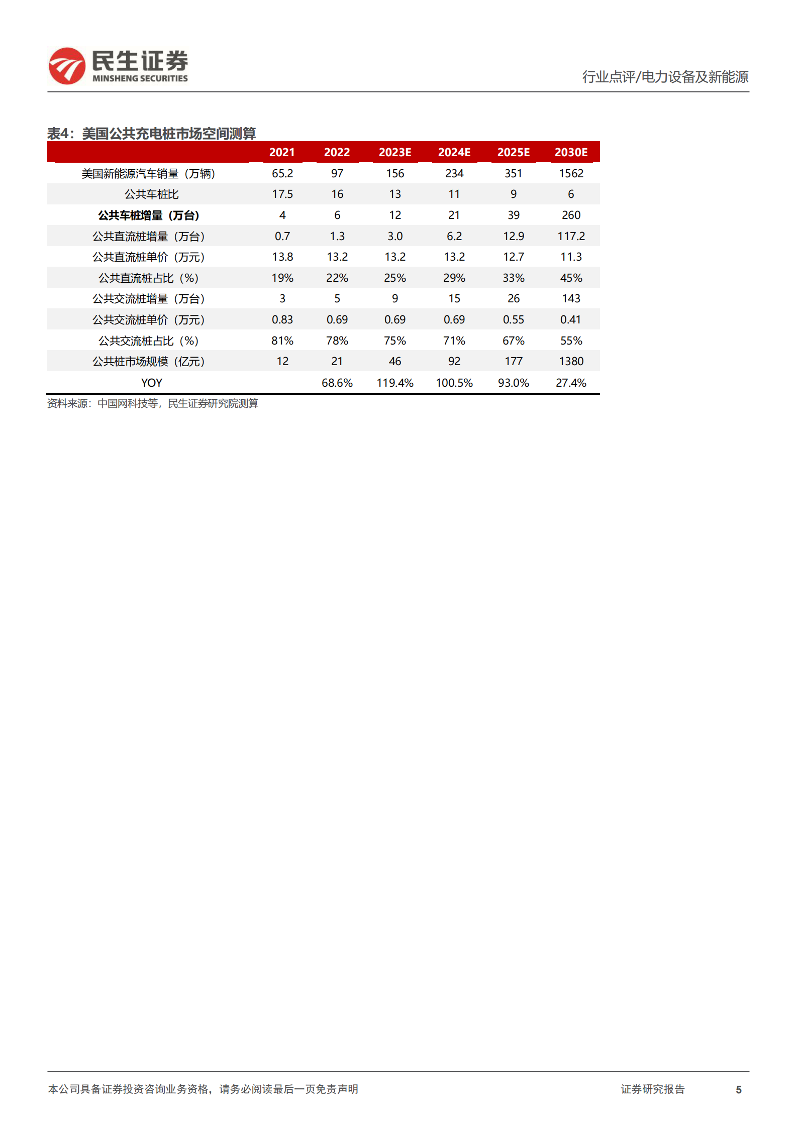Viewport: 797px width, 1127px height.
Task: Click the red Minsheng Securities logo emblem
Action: coord(67,66)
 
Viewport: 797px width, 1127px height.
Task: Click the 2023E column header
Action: coord(394,152)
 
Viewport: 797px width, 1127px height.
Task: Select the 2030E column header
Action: coord(570,152)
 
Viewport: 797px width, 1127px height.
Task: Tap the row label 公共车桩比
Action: coord(151,194)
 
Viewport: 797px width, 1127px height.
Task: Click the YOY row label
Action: coord(151,383)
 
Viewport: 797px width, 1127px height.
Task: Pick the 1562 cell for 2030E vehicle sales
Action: coord(571,173)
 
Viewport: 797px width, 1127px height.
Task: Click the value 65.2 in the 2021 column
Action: coord(282,173)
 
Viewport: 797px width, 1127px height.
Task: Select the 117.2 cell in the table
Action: coord(571,236)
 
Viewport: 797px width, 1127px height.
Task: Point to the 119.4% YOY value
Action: coord(394,383)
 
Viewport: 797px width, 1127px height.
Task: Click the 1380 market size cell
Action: coord(571,361)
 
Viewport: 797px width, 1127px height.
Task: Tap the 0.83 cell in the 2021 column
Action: coord(282,319)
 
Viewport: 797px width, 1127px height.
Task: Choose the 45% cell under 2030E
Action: coord(571,278)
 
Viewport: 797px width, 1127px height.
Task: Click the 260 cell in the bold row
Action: coord(571,215)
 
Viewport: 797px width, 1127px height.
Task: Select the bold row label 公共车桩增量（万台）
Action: coord(148,215)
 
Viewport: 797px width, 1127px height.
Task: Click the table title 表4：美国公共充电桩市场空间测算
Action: coord(151,134)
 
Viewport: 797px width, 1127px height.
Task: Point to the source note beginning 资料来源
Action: coord(152,403)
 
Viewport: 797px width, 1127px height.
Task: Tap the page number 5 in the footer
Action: coord(738,1089)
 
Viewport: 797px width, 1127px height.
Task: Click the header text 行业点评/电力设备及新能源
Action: coord(665,77)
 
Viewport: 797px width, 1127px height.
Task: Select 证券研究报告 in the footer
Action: coord(652,1089)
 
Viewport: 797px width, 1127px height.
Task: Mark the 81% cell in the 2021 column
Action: coord(282,341)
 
